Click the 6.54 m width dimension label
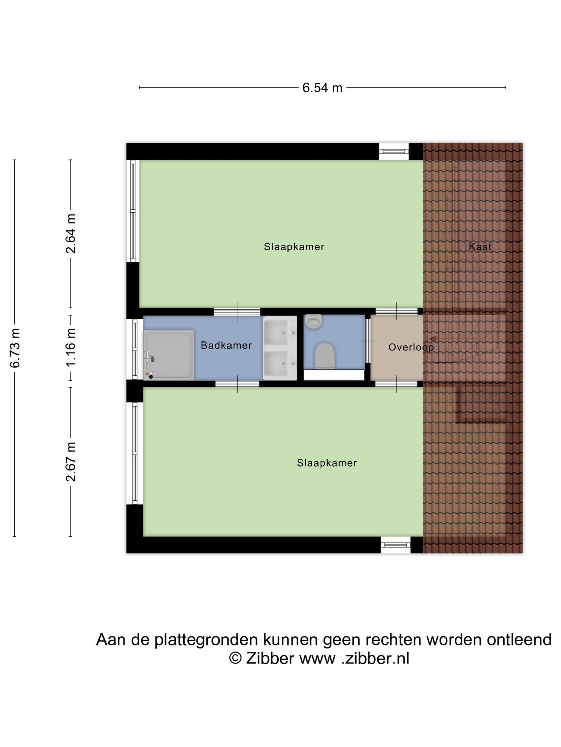coord(322,88)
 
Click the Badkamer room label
coord(226,345)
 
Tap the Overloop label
coord(411,347)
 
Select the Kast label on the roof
coord(480,247)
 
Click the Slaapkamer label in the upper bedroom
coord(294,247)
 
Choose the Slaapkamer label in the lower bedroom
coord(327,463)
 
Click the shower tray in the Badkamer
coord(168,355)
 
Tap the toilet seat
coord(325,356)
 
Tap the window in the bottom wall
coord(396,545)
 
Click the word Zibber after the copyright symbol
coord(270,658)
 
